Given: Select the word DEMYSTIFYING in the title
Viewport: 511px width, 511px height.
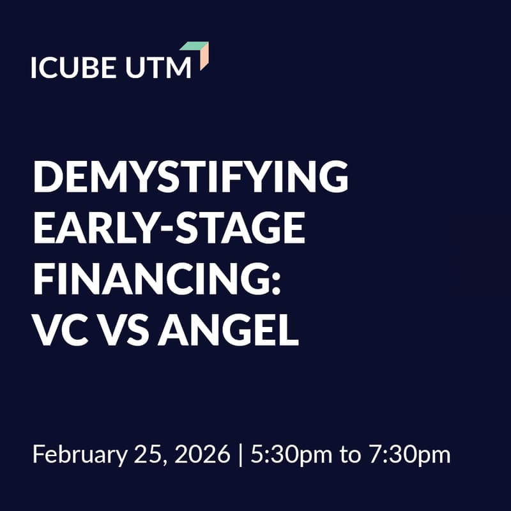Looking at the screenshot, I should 190,178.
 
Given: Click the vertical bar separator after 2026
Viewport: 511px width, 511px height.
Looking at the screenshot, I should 241,455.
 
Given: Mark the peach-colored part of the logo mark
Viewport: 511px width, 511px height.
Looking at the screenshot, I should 204,59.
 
